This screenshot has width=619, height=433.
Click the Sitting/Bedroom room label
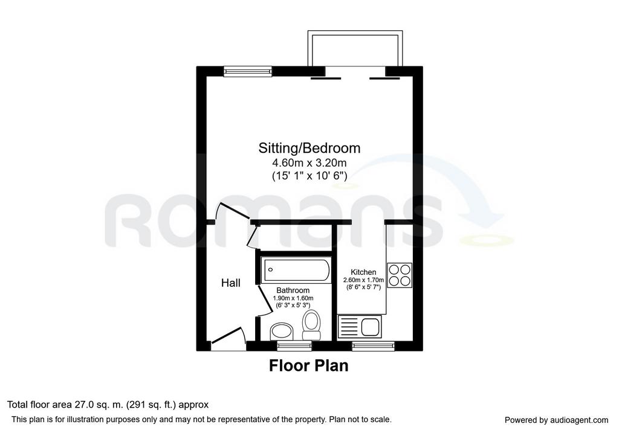309,148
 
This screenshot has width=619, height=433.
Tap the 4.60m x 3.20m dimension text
309,162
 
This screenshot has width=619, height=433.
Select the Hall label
230,283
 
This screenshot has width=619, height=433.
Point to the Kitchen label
363,272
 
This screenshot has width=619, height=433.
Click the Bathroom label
293,290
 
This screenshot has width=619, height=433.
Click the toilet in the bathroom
311,325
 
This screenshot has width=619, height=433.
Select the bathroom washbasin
282,332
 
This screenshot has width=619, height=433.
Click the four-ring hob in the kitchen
400,275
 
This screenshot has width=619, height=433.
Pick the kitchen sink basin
371,327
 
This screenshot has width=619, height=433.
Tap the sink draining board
349,327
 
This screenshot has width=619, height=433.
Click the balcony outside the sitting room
355,49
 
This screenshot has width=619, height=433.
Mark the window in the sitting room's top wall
248,71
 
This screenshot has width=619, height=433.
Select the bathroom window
294,346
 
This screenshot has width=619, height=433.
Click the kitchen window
373,346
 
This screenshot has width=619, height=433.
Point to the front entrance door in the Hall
228,338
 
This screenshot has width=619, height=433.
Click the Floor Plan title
309,365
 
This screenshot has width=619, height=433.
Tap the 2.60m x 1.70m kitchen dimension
363,280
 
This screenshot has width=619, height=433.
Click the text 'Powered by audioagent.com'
556,420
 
